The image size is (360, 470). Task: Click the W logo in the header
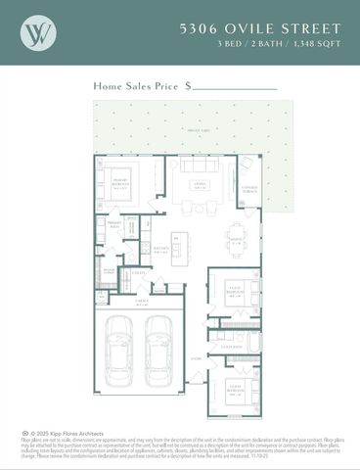(38, 32)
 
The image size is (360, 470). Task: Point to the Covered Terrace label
(249, 187)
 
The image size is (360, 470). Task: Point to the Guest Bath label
(232, 348)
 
